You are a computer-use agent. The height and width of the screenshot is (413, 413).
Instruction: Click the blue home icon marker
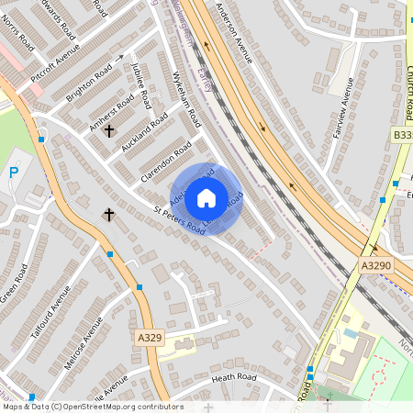pos(206,197)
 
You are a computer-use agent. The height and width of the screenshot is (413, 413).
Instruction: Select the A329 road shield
pos(149,338)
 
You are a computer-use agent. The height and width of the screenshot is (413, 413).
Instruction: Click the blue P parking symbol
pos(13,173)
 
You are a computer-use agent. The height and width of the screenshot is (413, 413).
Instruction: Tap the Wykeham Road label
pos(186,100)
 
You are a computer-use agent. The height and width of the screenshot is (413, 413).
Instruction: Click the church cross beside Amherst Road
pos(109,131)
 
